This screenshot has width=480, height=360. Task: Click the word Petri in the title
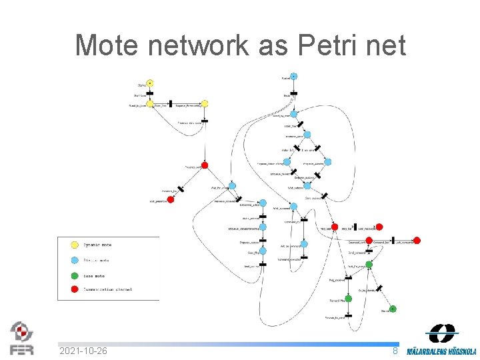point(322,45)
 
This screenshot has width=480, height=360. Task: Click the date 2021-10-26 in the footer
point(83,351)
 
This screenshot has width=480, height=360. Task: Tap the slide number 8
point(395,351)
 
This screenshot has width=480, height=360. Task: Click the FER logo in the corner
point(21,338)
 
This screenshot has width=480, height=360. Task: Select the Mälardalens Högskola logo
point(442,339)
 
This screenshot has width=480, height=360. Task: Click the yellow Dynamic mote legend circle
point(75,245)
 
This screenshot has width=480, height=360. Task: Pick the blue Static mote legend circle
point(75,261)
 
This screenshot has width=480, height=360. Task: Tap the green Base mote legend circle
point(75,275)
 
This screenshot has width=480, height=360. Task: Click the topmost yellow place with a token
point(150,83)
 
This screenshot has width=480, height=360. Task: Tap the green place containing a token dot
point(393,309)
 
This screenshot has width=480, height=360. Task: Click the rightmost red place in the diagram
point(417,241)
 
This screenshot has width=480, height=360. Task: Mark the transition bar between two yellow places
point(171,104)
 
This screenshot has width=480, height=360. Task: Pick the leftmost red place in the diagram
point(171,199)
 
